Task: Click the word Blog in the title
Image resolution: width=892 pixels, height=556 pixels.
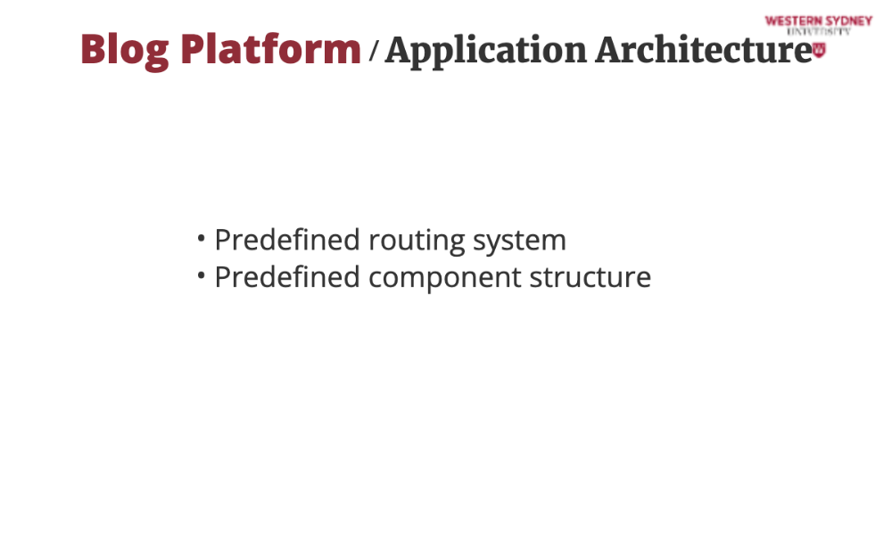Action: (125, 51)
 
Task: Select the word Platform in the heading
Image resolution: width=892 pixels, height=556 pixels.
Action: (271, 48)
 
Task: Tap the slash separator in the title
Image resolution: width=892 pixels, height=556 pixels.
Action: (373, 51)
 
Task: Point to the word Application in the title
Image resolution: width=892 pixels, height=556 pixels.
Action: (485, 52)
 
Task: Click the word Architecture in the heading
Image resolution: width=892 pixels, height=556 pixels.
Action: (705, 50)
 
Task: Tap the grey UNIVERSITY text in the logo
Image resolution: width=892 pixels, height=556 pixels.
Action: (819, 32)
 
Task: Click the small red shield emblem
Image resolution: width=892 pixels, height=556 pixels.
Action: (819, 50)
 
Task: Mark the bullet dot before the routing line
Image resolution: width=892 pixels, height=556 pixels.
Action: (201, 238)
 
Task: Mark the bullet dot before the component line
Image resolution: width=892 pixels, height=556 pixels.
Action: (201, 275)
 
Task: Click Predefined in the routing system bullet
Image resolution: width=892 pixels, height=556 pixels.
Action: (287, 240)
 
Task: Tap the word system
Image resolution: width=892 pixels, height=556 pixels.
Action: (520, 242)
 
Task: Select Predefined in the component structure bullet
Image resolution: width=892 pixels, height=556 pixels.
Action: (287, 277)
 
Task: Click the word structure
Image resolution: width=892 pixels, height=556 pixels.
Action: (591, 278)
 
